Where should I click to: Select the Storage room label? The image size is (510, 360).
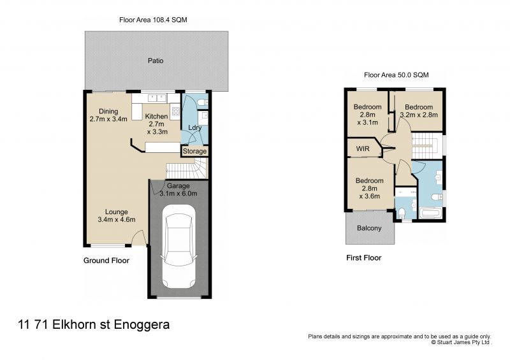pos(195,151)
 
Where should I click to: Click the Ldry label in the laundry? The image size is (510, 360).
pos(195,128)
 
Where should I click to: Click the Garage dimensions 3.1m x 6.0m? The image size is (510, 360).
pos(178,193)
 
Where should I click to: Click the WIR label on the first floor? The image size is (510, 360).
pos(363,148)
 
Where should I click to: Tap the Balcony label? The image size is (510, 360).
pos(369,228)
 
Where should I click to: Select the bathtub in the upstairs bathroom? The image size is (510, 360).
pos(432,212)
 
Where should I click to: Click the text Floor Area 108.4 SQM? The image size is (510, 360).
pos(153,20)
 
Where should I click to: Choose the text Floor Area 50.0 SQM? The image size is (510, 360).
pos(395,75)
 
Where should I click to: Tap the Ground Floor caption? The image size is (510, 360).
pos(106,261)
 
